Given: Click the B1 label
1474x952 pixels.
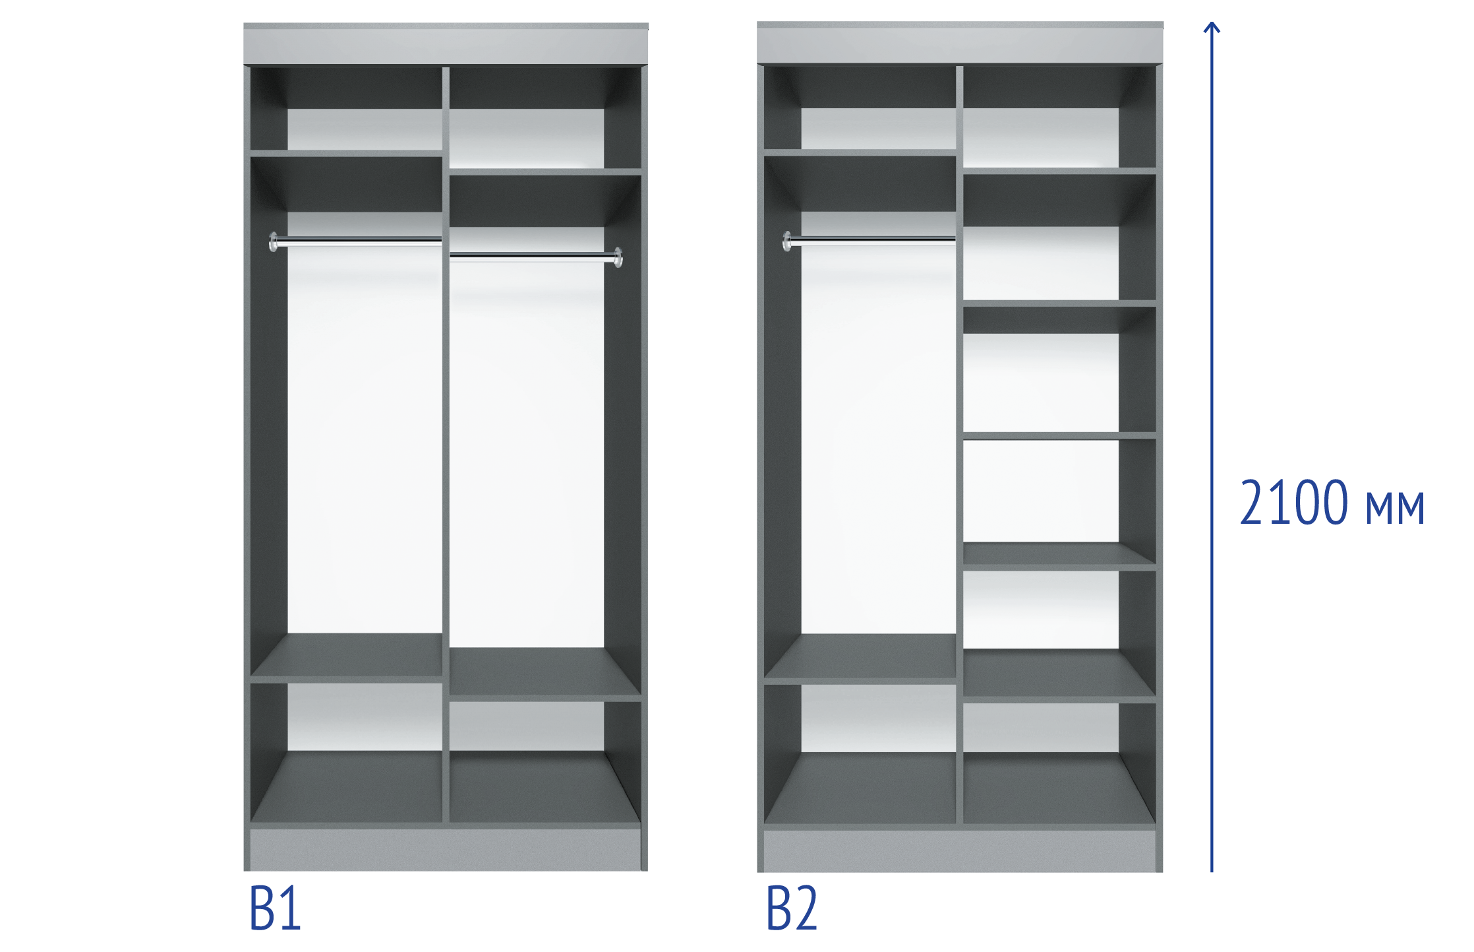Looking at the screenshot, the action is coord(276,908).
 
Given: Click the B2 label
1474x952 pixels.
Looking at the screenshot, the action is coord(792,908).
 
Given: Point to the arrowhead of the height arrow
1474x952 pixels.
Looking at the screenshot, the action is coord(1212,27).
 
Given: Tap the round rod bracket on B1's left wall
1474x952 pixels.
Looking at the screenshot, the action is coord(273,241).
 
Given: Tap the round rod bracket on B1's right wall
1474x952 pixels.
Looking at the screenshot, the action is coord(618,257).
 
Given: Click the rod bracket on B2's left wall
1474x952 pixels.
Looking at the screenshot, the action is coord(786,241).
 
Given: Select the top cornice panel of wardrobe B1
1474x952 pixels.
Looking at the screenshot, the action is coord(446,44).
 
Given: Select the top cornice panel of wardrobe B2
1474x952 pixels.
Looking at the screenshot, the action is coord(960,43).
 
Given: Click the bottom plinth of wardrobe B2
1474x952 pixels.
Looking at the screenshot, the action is coord(960,851).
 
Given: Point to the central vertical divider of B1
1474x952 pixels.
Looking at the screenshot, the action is coord(446,445).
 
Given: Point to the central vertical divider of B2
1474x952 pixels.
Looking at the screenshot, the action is coord(959,445).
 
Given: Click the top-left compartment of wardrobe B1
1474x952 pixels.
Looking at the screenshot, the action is coord(346,108).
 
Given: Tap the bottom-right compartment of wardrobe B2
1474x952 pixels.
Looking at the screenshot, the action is coord(1059,763).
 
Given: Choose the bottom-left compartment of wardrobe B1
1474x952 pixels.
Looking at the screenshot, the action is coord(346,753).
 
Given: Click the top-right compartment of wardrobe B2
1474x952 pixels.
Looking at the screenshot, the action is coord(1059,117).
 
